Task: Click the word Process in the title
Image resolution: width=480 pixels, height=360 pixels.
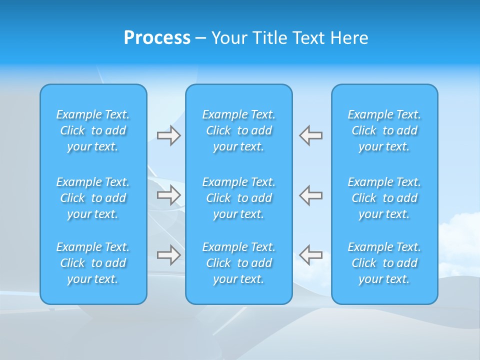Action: coord(157,38)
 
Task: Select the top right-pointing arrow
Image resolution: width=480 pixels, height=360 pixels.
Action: coord(168,135)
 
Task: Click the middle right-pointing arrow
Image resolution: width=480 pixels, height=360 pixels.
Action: coord(168,195)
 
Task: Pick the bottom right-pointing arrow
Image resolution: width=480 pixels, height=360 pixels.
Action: coord(168,255)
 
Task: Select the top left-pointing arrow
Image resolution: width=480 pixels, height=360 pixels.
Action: coord(311,135)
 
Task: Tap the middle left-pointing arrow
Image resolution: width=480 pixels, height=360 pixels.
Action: coord(311,195)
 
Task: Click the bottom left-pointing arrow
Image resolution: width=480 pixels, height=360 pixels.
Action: coord(311,255)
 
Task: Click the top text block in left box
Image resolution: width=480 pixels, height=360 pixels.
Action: coord(93,130)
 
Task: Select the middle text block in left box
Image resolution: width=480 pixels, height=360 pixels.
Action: coord(93,198)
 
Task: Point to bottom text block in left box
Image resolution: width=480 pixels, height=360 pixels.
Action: coord(93,263)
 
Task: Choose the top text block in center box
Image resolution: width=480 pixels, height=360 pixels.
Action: coord(239,130)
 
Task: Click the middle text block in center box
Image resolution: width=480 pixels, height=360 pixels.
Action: coord(239,198)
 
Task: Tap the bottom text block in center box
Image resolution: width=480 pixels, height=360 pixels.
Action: coord(239,263)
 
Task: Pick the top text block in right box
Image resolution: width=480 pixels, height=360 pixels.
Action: coord(384,130)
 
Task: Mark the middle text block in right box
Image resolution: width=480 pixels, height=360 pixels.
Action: coord(384,198)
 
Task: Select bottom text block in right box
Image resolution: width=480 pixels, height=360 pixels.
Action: coord(384,263)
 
